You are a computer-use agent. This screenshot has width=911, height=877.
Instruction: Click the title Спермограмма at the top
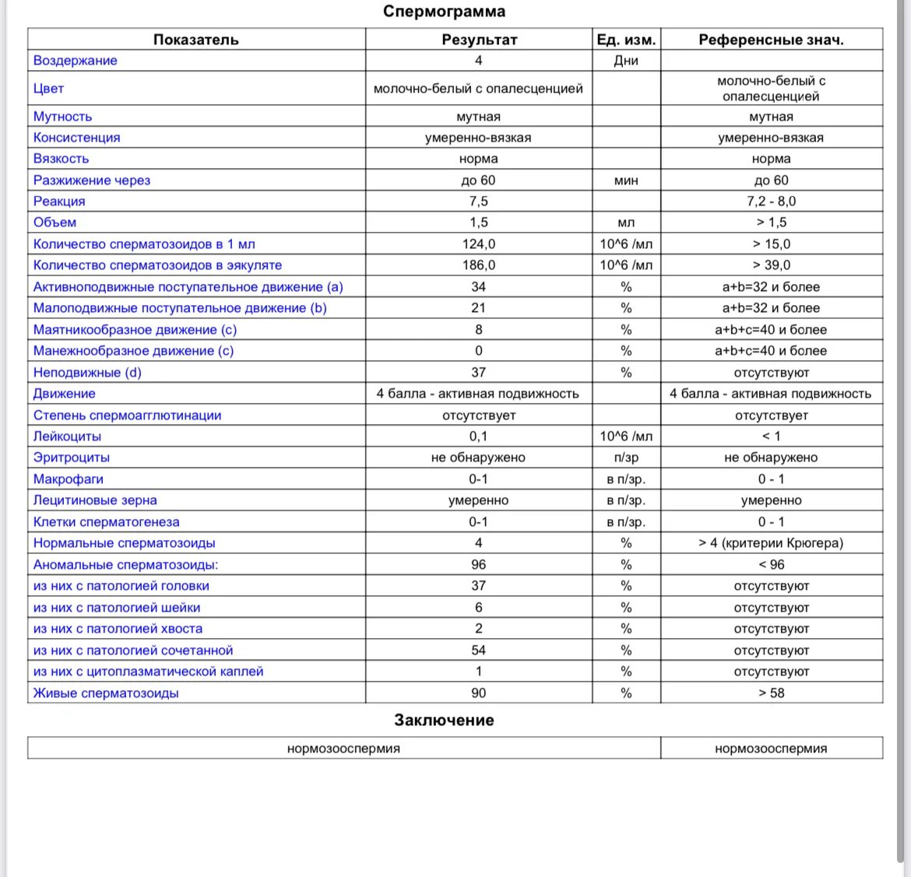tap(444, 12)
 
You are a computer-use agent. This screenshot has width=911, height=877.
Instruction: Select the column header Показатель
tap(195, 40)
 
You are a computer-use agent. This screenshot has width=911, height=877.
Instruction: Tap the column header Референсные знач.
tap(771, 40)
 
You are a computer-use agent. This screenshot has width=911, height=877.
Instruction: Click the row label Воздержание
tap(75, 61)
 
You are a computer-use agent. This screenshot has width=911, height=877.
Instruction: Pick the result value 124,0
tap(478, 244)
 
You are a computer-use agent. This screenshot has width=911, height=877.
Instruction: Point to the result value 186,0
tap(478, 265)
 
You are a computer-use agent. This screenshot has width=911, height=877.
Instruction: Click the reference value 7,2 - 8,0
tap(771, 202)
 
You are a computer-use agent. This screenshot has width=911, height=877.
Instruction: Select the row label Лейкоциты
tap(67, 437)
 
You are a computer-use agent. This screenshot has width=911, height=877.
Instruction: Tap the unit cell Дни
tap(626, 61)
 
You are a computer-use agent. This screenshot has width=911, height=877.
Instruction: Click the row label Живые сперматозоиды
tap(106, 693)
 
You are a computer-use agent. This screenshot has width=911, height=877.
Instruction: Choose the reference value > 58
tap(771, 693)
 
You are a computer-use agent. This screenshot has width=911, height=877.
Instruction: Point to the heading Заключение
tap(444, 721)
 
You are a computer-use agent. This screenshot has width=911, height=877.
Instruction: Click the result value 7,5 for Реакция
tap(478, 202)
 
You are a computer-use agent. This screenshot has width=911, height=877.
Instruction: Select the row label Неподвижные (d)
tap(87, 373)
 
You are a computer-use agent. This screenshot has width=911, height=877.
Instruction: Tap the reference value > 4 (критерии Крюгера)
tap(771, 543)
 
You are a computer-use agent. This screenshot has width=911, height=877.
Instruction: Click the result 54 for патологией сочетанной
tap(478, 651)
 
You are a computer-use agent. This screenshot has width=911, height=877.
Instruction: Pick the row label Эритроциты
tap(72, 458)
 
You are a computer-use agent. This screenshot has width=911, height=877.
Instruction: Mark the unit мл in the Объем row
tap(626, 223)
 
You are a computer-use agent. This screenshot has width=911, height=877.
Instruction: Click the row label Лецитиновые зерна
tap(95, 500)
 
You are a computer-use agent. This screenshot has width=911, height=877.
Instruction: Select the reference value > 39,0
tap(771, 265)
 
